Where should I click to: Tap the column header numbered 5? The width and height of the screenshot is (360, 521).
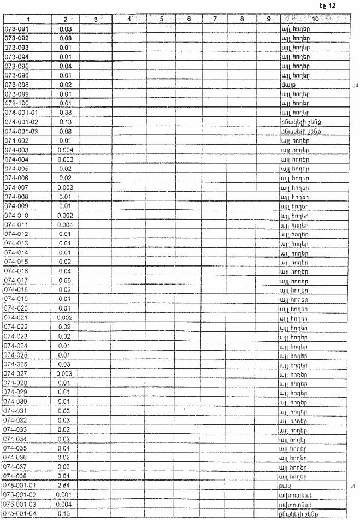162,19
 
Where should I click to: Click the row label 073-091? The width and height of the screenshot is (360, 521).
16,28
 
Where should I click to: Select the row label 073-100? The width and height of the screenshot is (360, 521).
16,103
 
